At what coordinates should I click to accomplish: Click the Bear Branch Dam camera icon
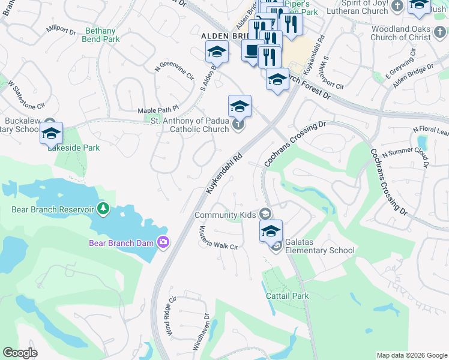(x=163, y=242)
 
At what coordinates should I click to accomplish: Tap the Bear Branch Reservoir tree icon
(x=104, y=209)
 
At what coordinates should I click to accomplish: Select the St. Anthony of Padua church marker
(x=238, y=125)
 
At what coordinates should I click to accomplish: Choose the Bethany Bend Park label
(x=102, y=35)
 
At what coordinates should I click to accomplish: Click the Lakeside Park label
(x=74, y=148)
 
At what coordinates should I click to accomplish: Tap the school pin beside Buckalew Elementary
(x=51, y=134)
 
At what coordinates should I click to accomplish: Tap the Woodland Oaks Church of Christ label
(x=409, y=33)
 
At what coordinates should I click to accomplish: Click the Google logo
(x=20, y=353)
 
